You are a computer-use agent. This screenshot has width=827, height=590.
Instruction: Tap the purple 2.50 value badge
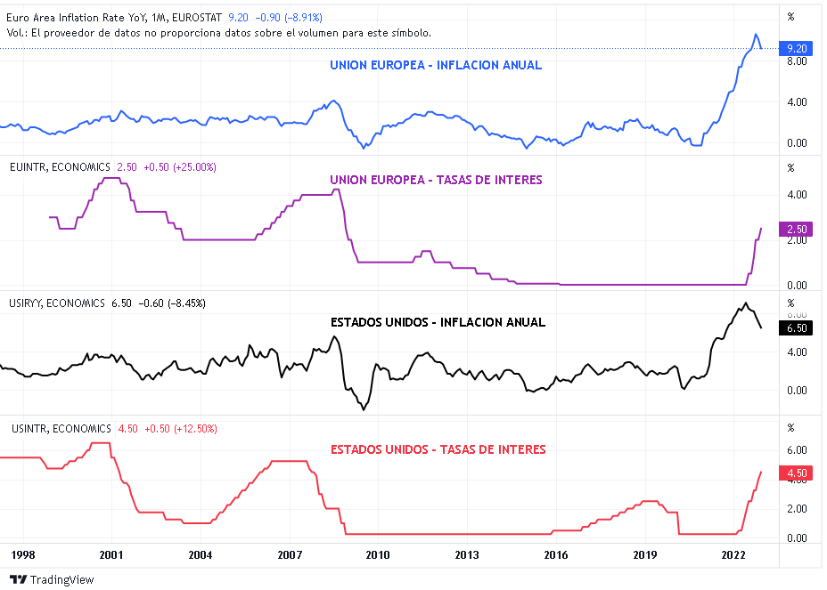click(x=796, y=229)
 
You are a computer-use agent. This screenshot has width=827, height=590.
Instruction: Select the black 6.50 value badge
click(x=796, y=327)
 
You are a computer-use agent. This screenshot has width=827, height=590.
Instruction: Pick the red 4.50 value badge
click(x=796, y=473)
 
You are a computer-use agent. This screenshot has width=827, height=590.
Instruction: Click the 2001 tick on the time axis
click(x=112, y=555)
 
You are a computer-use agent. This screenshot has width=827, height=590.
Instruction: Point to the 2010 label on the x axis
click(x=378, y=555)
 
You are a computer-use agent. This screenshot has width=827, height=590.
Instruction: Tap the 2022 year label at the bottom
click(x=733, y=555)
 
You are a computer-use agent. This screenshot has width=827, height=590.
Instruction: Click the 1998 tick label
click(x=23, y=555)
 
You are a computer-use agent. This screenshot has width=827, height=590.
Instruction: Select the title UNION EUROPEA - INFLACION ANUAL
click(x=436, y=65)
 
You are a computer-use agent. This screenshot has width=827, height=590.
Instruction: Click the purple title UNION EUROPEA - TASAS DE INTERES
click(x=436, y=180)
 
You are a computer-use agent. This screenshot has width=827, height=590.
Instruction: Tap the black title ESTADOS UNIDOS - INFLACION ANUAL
click(x=438, y=322)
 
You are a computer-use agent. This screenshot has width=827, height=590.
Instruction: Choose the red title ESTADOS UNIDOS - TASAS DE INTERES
click(x=438, y=449)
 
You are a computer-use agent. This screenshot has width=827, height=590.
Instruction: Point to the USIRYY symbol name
click(x=27, y=303)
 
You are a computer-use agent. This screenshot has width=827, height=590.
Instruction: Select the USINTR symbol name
click(x=29, y=429)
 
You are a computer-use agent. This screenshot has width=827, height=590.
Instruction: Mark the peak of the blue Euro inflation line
click(x=755, y=35)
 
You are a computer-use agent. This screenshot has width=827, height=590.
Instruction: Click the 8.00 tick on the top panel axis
click(x=796, y=61)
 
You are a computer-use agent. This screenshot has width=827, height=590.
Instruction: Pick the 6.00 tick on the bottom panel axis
click(x=796, y=449)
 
